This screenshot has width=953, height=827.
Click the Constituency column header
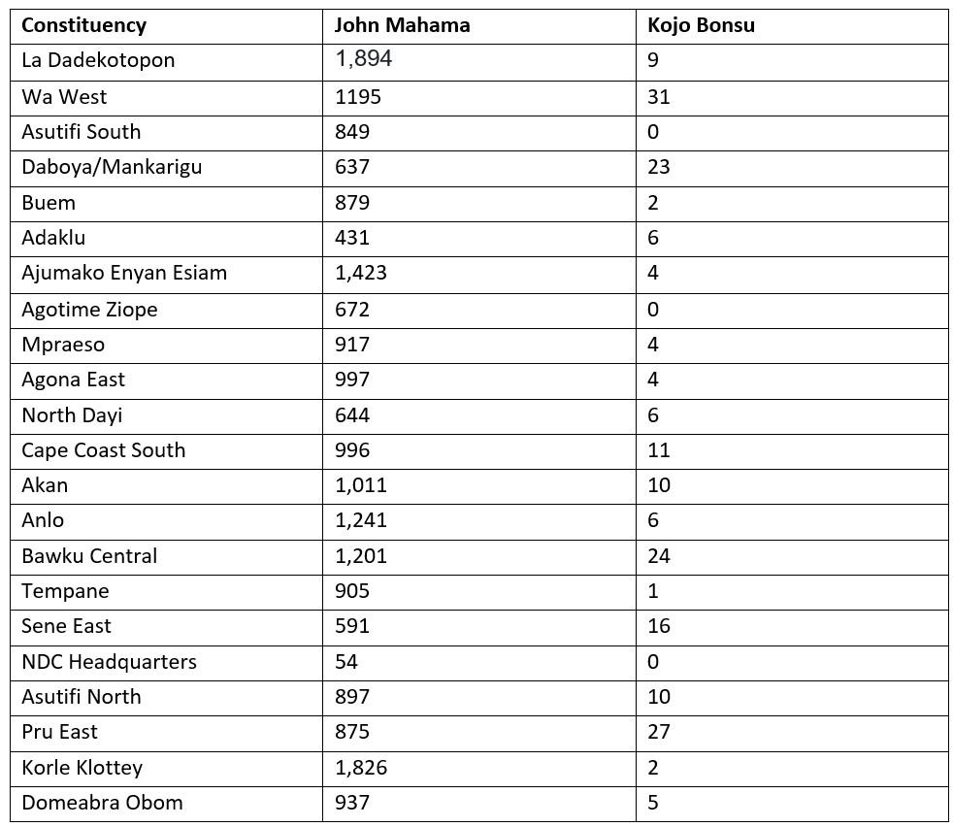[84, 25]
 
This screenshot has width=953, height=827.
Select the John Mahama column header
[402, 25]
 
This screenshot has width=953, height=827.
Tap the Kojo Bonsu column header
[701, 25]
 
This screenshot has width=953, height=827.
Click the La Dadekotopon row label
[98, 60]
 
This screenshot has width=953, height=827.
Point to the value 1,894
[364, 59]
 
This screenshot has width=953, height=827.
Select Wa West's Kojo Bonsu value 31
[659, 97]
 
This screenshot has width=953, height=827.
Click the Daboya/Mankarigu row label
[112, 167]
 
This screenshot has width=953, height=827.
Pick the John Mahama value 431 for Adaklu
[352, 238]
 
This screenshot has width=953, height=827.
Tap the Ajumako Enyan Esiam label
[124, 273]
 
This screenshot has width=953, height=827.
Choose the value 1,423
[361, 273]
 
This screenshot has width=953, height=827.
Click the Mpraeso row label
[63, 344]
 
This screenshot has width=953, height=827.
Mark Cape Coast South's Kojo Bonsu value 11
[658, 449]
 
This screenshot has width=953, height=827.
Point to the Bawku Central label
[89, 555]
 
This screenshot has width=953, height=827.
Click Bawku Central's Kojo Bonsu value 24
[659, 555]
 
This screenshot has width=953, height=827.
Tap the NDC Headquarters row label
[109, 662]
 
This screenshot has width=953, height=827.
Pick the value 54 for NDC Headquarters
[346, 662]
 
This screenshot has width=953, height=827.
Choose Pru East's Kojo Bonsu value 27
[659, 732]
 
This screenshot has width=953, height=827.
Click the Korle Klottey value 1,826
[361, 767]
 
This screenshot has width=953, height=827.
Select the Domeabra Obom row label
[102, 803]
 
